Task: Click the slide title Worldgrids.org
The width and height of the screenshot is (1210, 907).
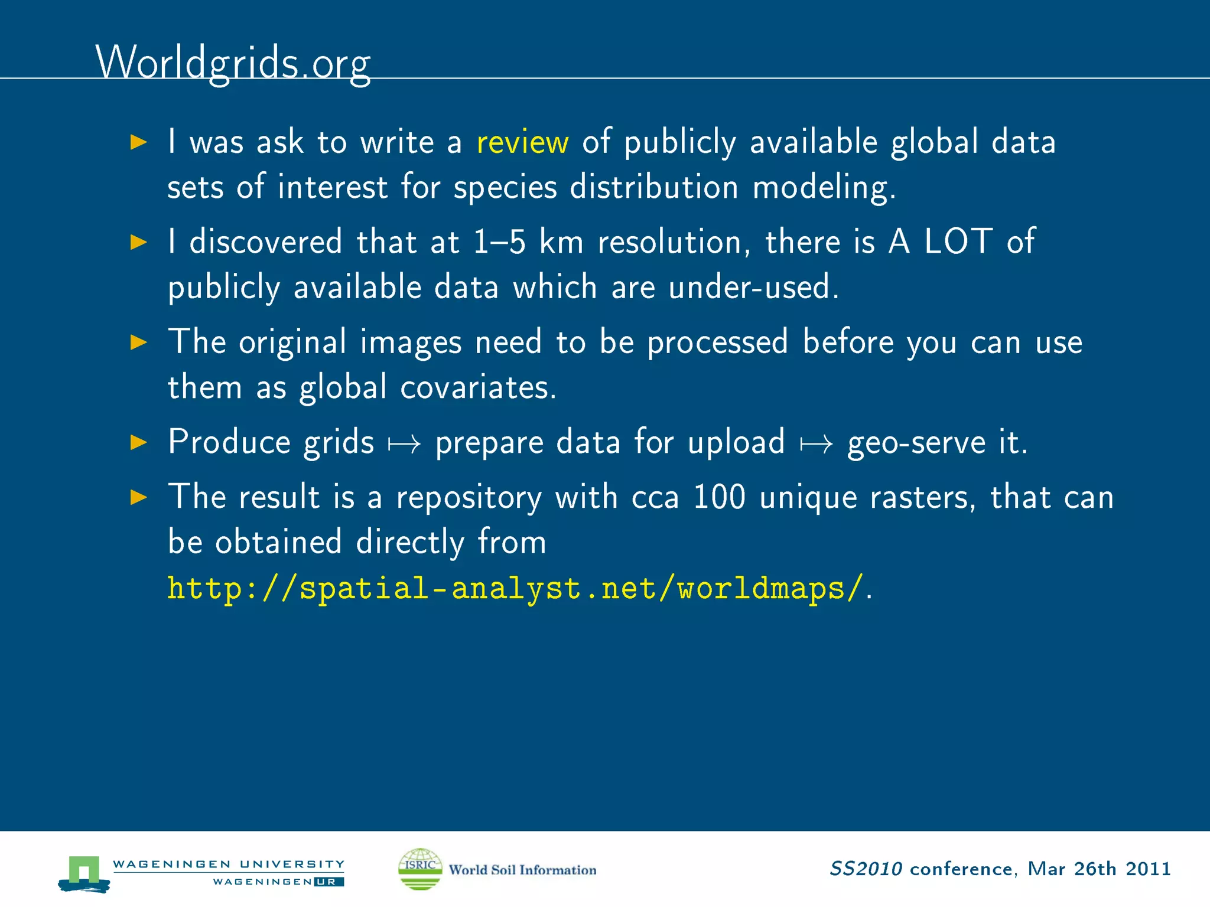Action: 233,63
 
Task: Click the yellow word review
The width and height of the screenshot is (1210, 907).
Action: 522,143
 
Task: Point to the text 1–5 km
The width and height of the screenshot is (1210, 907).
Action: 528,242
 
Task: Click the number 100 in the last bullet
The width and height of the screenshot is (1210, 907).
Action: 719,497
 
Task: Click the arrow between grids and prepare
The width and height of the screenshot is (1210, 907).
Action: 404,443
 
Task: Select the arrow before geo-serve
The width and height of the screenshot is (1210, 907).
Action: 816,443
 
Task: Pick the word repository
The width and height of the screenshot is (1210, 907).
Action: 469,498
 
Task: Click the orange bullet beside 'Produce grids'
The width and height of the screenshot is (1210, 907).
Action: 138,442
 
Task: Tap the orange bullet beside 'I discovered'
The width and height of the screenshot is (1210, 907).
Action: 138,242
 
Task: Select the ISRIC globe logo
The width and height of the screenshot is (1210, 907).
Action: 420,869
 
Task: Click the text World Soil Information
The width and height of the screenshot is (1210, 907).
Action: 522,870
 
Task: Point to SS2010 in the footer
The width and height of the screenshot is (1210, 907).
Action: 866,869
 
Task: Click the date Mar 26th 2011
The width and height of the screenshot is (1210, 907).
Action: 1099,869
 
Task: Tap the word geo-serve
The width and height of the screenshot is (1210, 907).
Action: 916,443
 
